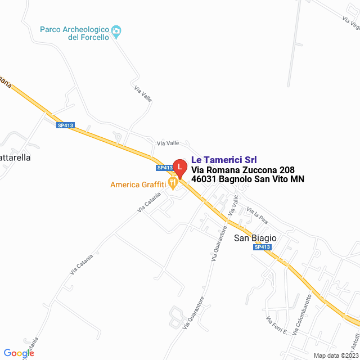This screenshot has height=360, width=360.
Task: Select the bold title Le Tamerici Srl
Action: pyautogui.click(x=224, y=160)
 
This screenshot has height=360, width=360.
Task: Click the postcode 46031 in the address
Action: pyautogui.click(x=204, y=179)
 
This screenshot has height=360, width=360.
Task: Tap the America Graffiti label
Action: pyautogui.click(x=138, y=184)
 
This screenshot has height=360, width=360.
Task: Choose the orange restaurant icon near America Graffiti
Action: pyautogui.click(x=173, y=183)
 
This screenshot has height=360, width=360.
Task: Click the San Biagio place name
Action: pyautogui.click(x=255, y=238)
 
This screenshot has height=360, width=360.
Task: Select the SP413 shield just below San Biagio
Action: pyautogui.click(x=262, y=247)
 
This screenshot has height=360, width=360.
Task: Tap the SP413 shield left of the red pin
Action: pyautogui.click(x=164, y=168)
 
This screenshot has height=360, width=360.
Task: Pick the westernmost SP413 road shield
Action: pyautogui.click(x=65, y=125)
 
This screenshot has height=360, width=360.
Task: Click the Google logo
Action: pyautogui.click(x=19, y=353)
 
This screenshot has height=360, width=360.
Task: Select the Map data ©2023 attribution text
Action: pyautogui.click(x=335, y=355)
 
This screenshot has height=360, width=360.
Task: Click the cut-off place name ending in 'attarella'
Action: pyautogui.click(x=16, y=158)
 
